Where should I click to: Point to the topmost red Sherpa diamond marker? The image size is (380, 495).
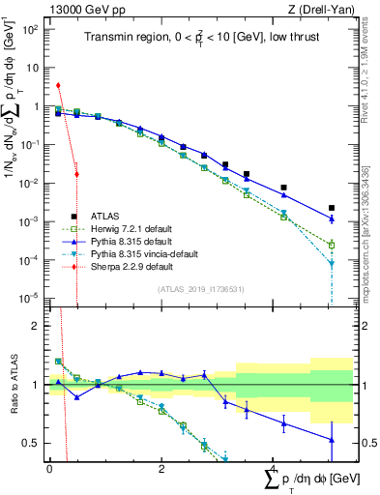[59, 86]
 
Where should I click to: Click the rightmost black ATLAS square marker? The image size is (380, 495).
[331, 208]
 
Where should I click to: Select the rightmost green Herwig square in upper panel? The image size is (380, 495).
[331, 245]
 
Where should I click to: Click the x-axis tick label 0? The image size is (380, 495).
[49, 467]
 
